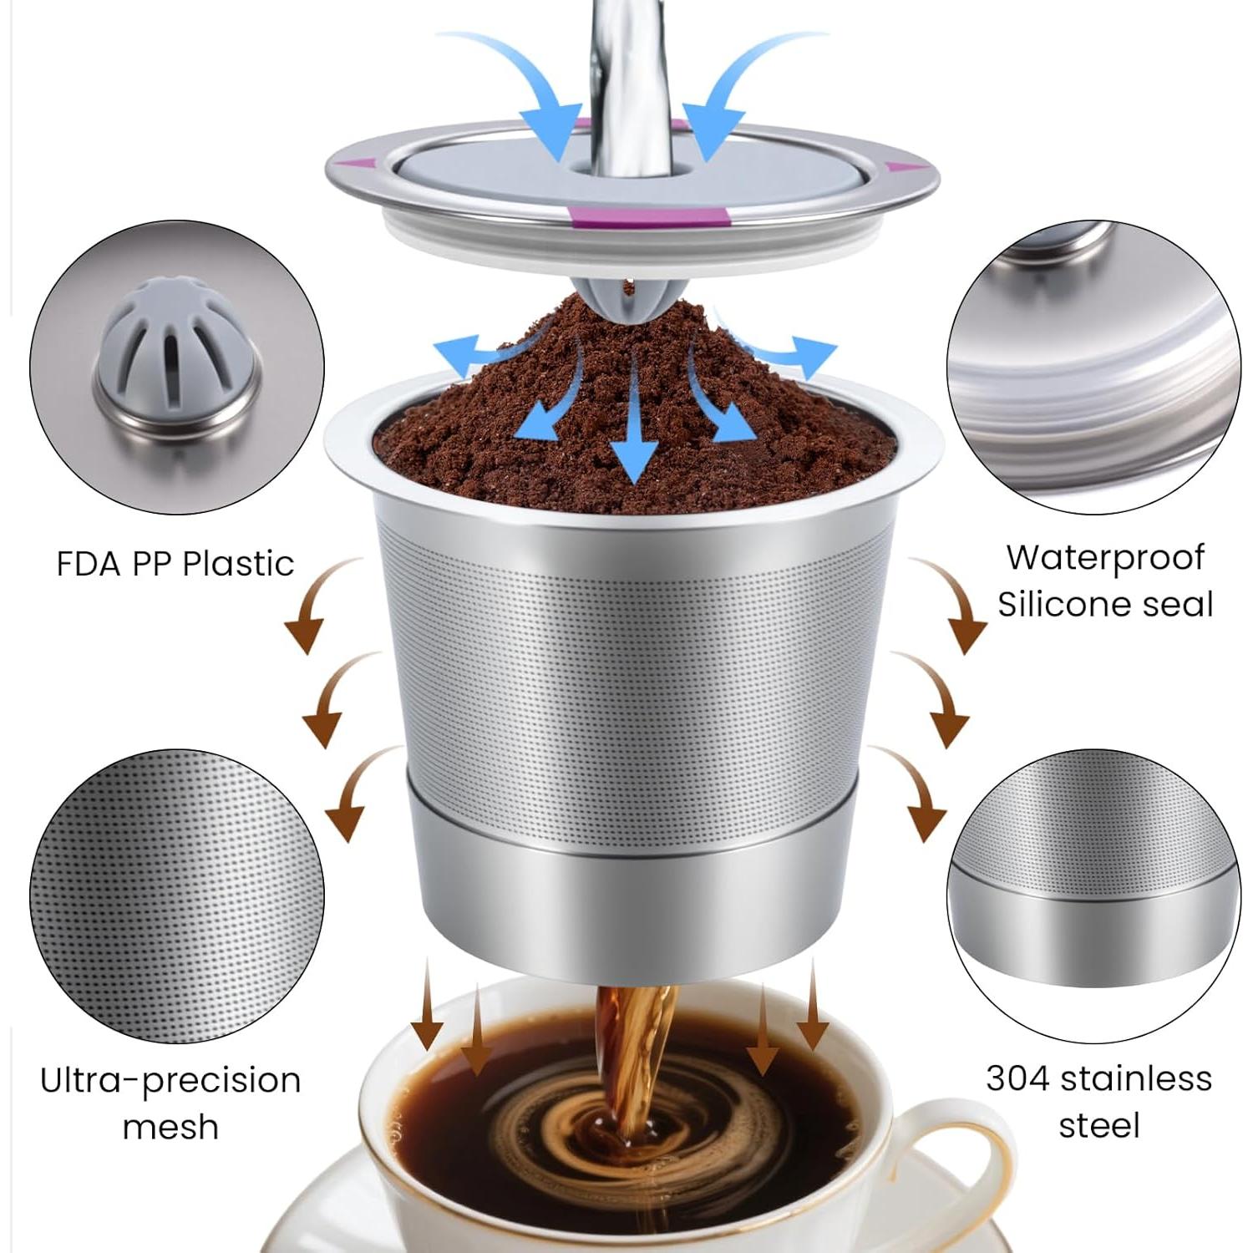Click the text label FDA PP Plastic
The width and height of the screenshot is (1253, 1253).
pos(175,564)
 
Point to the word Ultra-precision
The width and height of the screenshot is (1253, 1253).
pos(170,1080)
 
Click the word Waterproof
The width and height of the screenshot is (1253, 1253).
pos(1104,557)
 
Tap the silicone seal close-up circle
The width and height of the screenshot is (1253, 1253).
pos(1093,368)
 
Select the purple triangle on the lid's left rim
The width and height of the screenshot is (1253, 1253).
pos(360,164)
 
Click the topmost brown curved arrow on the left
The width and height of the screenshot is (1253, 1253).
pos(317,606)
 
